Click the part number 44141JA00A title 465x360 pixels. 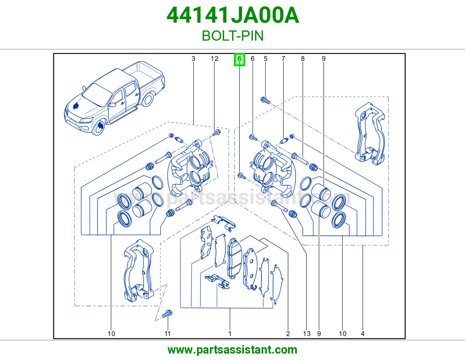click(233, 15)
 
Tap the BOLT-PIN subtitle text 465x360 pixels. click(233, 36)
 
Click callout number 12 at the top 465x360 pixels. click(214, 59)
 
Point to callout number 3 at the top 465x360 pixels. click(194, 59)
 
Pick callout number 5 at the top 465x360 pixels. click(266, 59)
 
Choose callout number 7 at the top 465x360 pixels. click(283, 59)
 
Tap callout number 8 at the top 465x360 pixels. click(303, 59)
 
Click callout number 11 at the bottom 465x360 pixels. click(168, 334)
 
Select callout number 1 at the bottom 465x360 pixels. click(230, 334)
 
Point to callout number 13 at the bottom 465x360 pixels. click(307, 334)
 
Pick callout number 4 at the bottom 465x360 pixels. click(362, 334)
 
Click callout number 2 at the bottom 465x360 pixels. click(288, 334)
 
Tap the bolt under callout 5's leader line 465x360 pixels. click(265, 100)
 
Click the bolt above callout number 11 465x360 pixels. click(167, 314)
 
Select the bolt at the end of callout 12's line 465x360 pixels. click(217, 133)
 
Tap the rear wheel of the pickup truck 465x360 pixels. click(148, 99)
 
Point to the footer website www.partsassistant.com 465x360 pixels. click(233, 350)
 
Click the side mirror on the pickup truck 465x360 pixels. click(112, 105)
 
